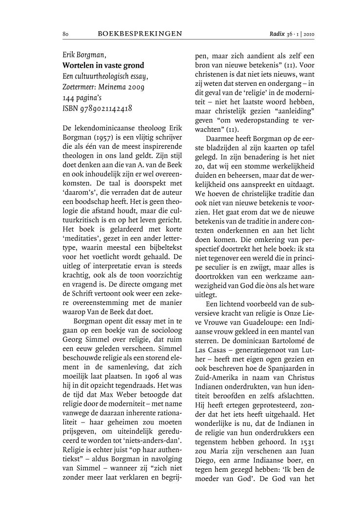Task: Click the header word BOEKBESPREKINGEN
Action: click(140, 34)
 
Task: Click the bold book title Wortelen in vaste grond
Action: click(103, 65)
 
